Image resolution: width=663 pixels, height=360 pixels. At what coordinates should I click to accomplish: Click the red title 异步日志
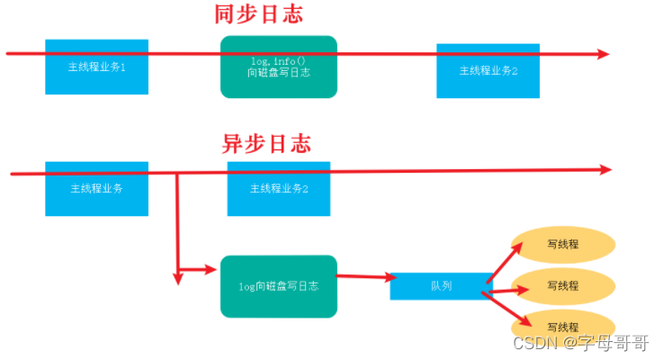266,144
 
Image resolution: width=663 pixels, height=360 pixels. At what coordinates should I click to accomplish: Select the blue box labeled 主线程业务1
96,67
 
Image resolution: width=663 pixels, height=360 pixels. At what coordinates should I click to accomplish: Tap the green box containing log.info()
279,67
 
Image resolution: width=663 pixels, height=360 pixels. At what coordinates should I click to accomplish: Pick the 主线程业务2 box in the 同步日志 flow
488,71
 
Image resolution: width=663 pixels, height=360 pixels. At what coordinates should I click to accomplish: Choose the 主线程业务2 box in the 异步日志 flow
279,189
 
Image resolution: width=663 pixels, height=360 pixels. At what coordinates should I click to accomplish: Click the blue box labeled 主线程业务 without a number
96,189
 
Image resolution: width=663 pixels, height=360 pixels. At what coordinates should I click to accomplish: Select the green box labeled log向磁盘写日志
279,286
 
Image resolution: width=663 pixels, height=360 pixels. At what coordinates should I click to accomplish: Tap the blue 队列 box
441,285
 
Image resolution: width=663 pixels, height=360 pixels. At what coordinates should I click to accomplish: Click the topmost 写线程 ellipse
563,245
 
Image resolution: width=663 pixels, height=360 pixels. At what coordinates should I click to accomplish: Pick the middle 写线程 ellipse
563,285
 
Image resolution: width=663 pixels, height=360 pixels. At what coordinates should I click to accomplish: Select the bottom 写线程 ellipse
563,326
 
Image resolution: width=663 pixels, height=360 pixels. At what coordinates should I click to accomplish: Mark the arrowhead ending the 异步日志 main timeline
605,169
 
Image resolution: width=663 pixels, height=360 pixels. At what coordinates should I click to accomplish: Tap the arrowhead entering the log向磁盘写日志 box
213,268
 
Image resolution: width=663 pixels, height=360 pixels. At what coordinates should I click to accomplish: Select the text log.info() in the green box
279,60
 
